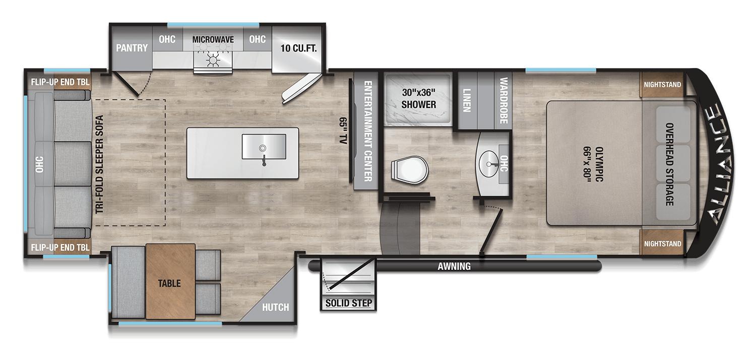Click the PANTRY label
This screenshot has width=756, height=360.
tap(132, 48)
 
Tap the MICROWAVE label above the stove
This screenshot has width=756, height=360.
tap(213, 39)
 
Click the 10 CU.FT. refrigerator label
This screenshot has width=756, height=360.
tap(299, 48)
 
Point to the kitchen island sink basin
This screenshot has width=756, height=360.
tap(264, 146)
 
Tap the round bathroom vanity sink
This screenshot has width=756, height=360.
tap(489, 163)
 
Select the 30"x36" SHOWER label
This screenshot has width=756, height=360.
tap(418, 98)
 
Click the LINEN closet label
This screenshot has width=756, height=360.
tap(467, 100)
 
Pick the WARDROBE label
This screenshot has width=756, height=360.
tap(503, 100)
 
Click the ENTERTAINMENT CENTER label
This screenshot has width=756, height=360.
tap(368, 131)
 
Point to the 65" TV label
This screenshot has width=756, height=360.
tap(343, 131)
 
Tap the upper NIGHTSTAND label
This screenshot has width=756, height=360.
tap(662, 84)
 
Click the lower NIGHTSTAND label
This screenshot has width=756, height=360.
tap(663, 244)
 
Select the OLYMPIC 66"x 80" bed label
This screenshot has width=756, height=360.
tap(594, 164)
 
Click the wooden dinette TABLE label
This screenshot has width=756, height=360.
tap(169, 283)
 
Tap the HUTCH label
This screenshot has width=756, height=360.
tap(275, 308)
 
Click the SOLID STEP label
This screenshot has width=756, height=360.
tap(349, 303)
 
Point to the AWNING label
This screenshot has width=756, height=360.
tap(454, 266)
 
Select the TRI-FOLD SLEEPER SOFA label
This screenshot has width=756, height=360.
tap(99, 164)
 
